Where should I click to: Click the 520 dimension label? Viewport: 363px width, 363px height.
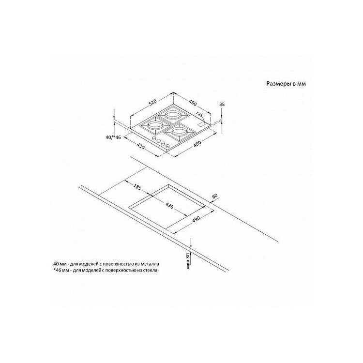pos(153,103)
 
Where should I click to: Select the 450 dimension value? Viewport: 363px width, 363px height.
pos(193,103)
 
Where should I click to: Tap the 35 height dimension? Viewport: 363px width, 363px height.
pos(222,105)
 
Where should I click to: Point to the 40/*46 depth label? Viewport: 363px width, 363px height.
pos(113,137)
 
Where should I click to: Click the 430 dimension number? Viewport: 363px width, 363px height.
pos(140,146)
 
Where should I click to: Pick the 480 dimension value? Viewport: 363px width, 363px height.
pos(197,144)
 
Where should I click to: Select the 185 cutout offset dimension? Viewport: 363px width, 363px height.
pos(137,187)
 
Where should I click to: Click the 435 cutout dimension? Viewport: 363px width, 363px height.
pos(169,205)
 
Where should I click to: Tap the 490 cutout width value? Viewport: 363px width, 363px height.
pos(196,219)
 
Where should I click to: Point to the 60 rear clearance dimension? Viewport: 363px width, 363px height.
pos(215,196)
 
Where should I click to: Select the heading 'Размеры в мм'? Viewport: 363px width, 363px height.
pos(286,84)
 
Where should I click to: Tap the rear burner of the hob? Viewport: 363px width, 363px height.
pos(172,115)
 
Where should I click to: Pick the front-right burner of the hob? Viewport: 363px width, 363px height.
pos(180,133)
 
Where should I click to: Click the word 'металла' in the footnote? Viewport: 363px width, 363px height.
pos(151,264)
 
